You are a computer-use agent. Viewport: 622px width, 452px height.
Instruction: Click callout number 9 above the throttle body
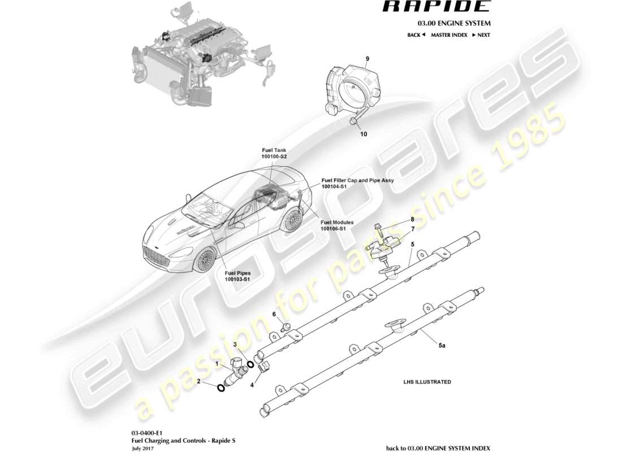tap(367, 59)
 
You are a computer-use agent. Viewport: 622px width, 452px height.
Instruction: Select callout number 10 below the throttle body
tap(363, 134)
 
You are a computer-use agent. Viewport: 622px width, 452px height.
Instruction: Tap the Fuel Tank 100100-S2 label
tap(274, 153)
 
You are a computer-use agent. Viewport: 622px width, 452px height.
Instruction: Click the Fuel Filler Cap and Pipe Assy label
tap(357, 183)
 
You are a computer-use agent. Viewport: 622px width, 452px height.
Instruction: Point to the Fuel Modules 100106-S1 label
tap(337, 226)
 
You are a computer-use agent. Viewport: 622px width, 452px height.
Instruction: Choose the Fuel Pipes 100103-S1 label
tap(237, 276)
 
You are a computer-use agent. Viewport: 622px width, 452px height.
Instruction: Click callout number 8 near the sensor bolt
tap(412, 219)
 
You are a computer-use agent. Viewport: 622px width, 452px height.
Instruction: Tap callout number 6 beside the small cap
tap(274, 314)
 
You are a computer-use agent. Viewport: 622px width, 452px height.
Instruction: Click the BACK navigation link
tap(416, 35)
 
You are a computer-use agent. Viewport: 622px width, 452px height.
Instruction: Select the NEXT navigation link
tap(481, 35)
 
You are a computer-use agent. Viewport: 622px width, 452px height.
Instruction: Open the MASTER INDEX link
tap(449, 35)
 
